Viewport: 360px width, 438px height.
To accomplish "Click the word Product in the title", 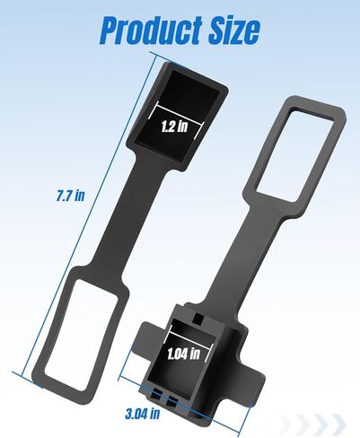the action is point(150,30).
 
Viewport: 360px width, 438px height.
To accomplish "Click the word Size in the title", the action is point(234,30).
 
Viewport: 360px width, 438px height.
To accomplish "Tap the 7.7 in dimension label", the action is point(71,196).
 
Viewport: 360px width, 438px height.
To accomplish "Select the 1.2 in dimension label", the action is point(174,127).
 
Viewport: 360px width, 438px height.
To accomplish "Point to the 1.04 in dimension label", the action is point(183,354).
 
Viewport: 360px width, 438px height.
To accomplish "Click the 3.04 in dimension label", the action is point(143,414).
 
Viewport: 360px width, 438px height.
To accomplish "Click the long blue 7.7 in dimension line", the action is point(89,215).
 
